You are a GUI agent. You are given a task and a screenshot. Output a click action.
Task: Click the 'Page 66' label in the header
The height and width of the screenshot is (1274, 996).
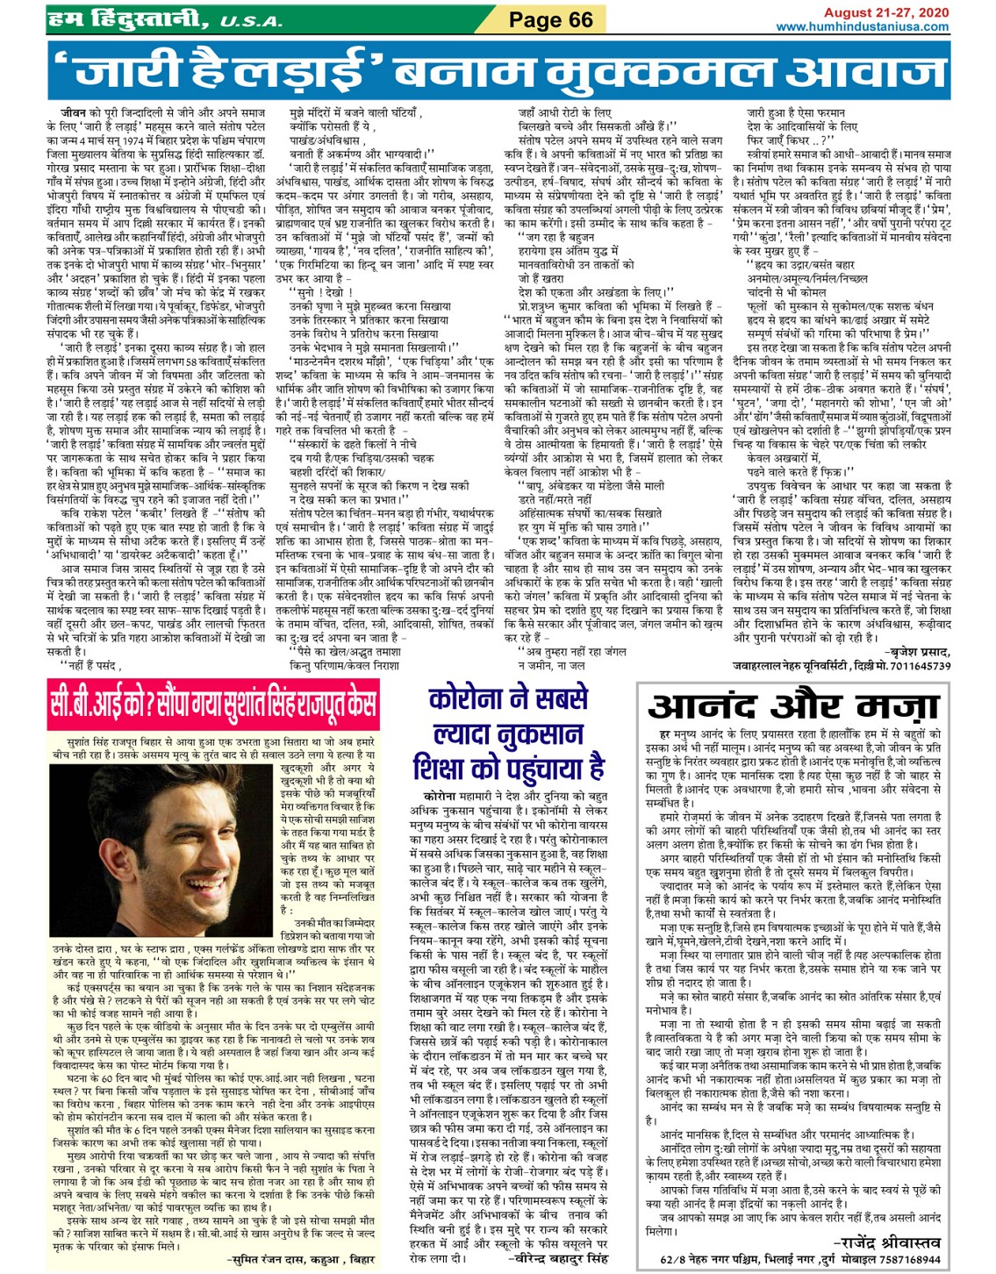pyautogui.click(x=550, y=20)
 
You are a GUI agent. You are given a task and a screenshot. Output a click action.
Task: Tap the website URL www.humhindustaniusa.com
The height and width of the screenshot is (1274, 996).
pyautogui.click(x=863, y=27)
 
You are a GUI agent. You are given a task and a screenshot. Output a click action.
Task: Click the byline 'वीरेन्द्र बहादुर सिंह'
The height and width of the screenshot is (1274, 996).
pyautogui.click(x=558, y=1258)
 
